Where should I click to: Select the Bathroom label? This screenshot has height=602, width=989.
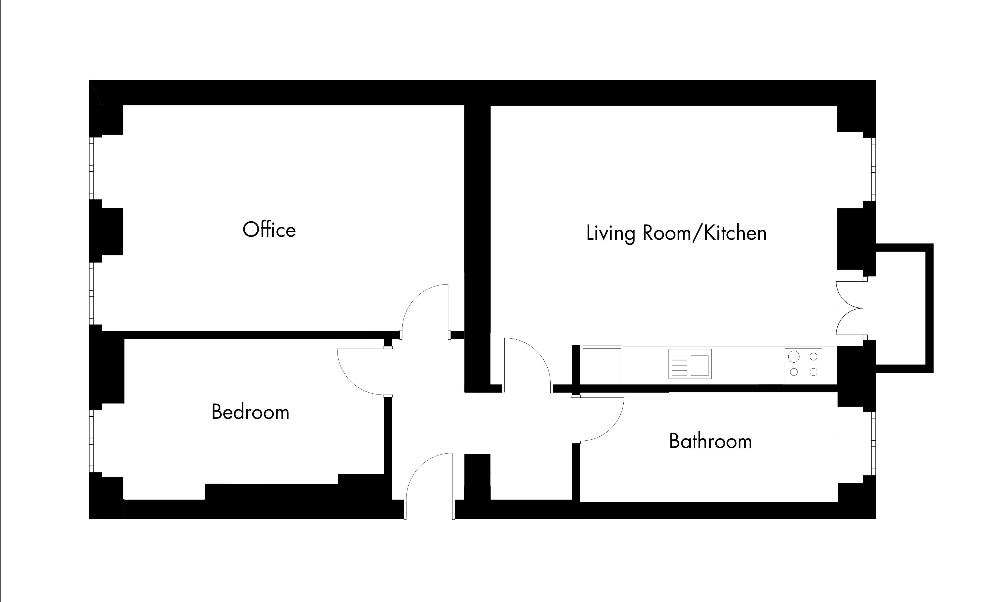(710, 441)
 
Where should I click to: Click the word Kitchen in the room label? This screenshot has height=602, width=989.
(735, 233)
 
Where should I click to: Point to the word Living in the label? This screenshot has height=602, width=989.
(610, 233)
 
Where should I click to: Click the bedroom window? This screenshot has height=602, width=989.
(95, 441)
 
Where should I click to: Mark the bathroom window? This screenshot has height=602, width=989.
(869, 443)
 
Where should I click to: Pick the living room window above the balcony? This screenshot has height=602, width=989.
(869, 169)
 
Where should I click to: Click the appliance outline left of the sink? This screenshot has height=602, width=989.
(602, 364)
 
